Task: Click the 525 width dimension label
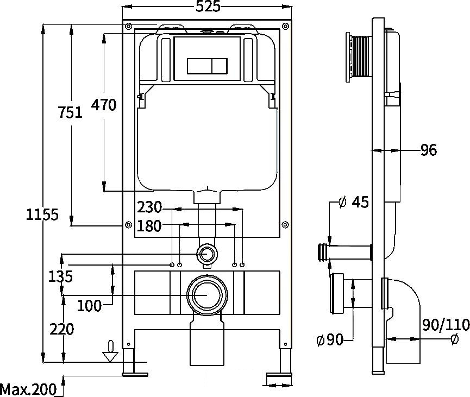tap(208, 7)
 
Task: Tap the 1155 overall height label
tap(42, 215)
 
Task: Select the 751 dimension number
tap(70, 112)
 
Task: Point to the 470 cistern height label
tap(104, 105)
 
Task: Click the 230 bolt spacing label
tap(149, 207)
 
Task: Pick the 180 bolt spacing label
tap(149, 226)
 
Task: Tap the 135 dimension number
tap(60, 276)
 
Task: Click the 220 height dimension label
tap(62, 329)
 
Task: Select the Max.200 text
tap(28, 389)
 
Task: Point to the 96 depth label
tap(429, 150)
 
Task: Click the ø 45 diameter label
tap(353, 202)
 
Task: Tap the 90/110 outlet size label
tap(446, 325)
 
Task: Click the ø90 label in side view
tap(330, 340)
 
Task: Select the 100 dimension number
tap(89, 306)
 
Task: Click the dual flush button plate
tap(207, 66)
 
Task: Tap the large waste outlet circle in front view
tap(207, 294)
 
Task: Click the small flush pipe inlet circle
tap(207, 254)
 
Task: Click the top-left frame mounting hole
tap(128, 26)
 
